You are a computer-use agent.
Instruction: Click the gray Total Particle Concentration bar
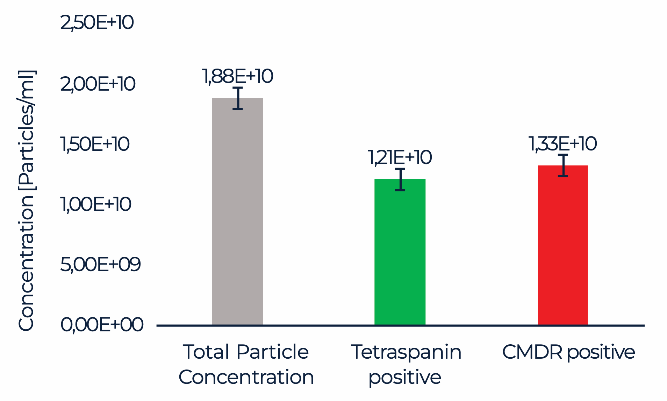(x=237, y=212)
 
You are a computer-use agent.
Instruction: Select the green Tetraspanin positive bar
(x=400, y=252)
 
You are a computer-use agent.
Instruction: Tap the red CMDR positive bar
(x=562, y=245)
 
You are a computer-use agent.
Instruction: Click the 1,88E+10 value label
(x=237, y=76)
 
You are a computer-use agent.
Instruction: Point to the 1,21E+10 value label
(x=400, y=157)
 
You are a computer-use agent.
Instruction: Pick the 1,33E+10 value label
(x=562, y=144)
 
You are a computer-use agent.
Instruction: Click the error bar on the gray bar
(x=238, y=98)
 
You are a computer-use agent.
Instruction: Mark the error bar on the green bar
(x=400, y=180)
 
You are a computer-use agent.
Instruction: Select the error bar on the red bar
(x=563, y=165)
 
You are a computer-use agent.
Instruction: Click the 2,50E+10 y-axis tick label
(x=97, y=23)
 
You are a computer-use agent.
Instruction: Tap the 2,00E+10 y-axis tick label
(x=98, y=84)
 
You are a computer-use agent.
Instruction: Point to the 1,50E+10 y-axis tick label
(x=95, y=144)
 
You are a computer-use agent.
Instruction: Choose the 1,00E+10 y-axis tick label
(x=96, y=204)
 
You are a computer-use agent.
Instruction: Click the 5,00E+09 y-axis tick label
(x=100, y=265)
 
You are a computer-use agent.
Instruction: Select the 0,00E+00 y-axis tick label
(x=102, y=325)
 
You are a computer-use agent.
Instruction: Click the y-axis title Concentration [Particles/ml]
(x=26, y=200)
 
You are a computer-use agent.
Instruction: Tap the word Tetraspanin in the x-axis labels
(x=406, y=352)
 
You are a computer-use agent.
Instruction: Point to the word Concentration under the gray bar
(x=246, y=377)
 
